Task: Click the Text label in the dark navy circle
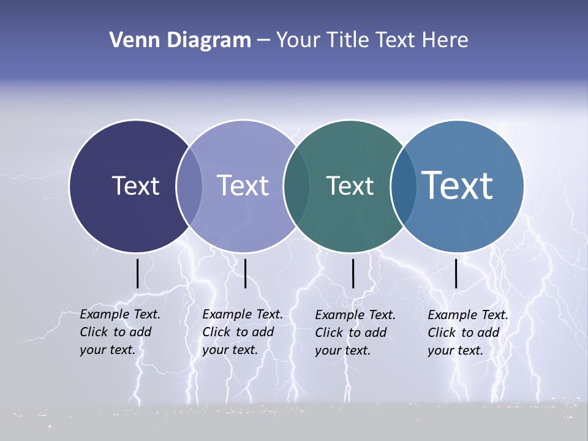135,186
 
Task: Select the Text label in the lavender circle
243,186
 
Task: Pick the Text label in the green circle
350,186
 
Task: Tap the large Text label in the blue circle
457,185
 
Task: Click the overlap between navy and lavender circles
189,186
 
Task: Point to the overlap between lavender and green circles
296,186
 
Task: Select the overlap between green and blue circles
403,186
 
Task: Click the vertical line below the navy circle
137,273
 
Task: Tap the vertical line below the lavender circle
245,273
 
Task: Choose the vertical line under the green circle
353,273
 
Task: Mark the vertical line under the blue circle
456,273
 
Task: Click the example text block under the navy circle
119,332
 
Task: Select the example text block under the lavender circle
242,332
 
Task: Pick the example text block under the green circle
355,333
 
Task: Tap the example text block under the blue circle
467,333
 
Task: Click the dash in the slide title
263,41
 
